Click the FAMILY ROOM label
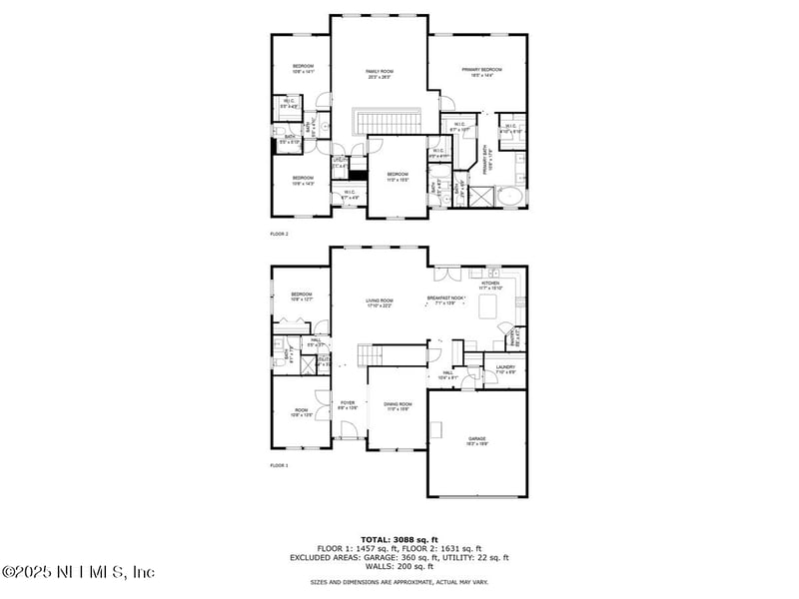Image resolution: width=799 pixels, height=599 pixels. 379,71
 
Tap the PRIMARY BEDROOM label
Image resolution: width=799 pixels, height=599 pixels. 481,70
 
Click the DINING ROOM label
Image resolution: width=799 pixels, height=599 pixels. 398,404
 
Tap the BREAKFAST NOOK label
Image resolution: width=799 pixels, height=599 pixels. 445,299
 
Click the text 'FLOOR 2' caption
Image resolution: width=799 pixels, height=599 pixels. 279,234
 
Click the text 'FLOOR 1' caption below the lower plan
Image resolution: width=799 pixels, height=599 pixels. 279,465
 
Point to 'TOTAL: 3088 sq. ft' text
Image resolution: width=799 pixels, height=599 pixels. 399,540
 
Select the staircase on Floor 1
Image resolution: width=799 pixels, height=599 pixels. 373,354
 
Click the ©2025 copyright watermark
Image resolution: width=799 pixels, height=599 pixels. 78,572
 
